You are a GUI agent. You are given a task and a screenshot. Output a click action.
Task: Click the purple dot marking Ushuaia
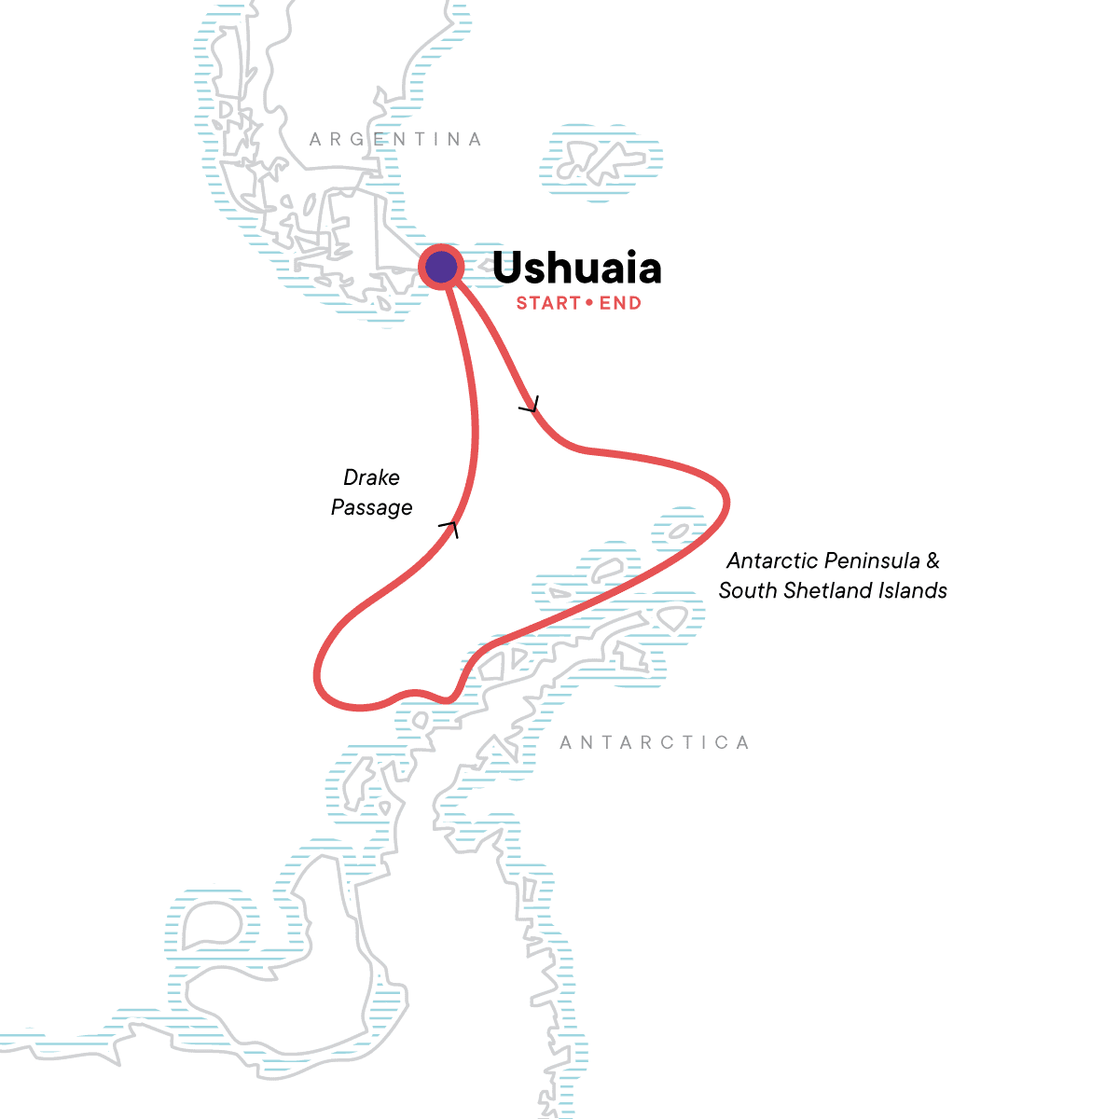(x=441, y=268)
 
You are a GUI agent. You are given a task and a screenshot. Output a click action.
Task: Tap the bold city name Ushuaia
(x=576, y=269)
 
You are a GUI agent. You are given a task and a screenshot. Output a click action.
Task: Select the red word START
(x=548, y=303)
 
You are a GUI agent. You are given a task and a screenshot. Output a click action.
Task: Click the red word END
(x=620, y=303)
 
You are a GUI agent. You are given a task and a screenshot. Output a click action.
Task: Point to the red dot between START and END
(x=589, y=303)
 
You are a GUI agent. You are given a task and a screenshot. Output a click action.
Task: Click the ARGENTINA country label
(x=395, y=140)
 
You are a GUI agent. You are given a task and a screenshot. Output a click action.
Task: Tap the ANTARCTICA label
(x=655, y=743)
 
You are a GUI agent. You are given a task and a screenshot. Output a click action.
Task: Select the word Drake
(x=371, y=477)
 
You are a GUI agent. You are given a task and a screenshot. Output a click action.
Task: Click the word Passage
(x=372, y=507)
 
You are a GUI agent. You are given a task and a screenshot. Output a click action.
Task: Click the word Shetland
(x=825, y=590)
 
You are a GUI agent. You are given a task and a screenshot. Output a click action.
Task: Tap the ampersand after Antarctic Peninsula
(x=932, y=561)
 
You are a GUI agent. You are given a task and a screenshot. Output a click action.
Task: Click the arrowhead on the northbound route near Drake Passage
(x=450, y=529)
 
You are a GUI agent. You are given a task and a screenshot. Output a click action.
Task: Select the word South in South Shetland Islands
(x=743, y=590)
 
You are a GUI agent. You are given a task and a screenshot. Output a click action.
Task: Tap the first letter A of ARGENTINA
(x=315, y=140)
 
